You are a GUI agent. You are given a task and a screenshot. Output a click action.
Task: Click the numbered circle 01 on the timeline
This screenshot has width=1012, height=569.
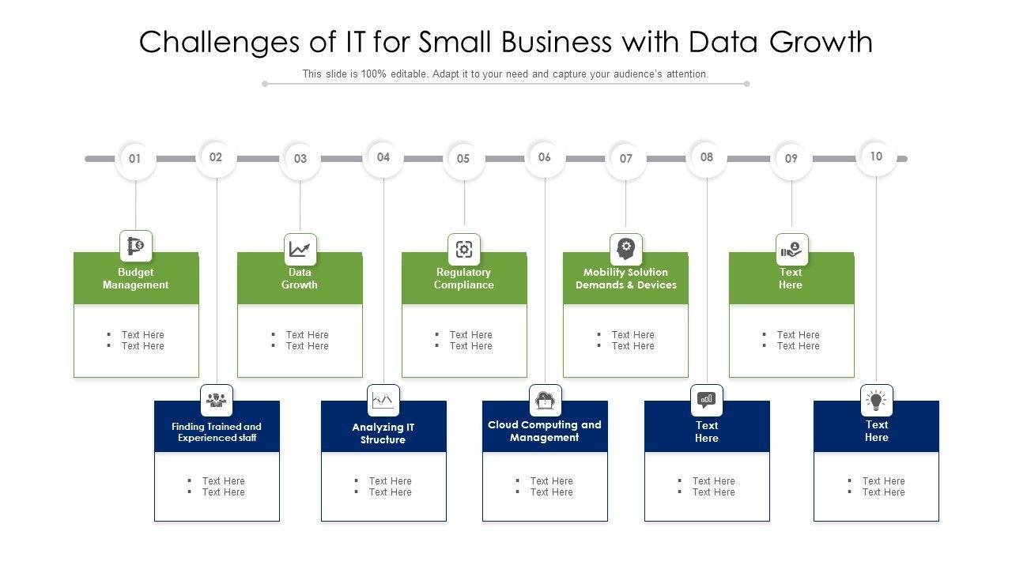(135, 159)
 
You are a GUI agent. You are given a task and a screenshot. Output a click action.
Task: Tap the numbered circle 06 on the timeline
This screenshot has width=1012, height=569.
(545, 157)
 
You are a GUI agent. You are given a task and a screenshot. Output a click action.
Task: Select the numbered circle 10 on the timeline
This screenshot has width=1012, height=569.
(876, 156)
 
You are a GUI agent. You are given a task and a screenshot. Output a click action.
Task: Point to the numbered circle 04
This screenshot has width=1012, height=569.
(383, 157)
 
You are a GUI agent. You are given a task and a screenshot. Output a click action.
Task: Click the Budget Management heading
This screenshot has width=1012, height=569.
(135, 279)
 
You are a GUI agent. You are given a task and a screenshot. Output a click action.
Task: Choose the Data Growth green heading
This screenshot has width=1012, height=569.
(300, 279)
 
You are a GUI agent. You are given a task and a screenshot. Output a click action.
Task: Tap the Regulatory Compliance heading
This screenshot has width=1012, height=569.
(464, 279)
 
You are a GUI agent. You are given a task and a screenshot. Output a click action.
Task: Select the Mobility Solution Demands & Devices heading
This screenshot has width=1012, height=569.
(626, 279)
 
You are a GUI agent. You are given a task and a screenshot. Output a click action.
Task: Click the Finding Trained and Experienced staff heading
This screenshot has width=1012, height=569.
(217, 432)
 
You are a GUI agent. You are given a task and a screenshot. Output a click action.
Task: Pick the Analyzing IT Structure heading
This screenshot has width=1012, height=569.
(383, 434)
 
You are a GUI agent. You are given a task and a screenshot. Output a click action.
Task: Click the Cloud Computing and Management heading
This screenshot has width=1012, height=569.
(545, 431)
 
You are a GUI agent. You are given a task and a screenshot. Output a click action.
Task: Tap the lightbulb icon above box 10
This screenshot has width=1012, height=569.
(876, 400)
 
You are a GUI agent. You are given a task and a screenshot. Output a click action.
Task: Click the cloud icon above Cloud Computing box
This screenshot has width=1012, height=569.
(545, 400)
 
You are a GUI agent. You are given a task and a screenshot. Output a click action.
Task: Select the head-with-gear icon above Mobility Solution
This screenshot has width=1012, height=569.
(626, 248)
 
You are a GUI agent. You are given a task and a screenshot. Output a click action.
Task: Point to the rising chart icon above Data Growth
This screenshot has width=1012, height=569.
(300, 249)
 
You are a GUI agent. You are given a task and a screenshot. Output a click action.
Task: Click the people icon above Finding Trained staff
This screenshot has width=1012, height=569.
(217, 400)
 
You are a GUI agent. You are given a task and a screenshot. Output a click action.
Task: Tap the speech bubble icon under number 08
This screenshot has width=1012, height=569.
(707, 400)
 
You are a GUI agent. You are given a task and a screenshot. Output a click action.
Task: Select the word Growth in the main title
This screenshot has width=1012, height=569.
(821, 43)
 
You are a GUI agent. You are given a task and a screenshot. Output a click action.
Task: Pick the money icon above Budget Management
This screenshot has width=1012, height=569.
(136, 246)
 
